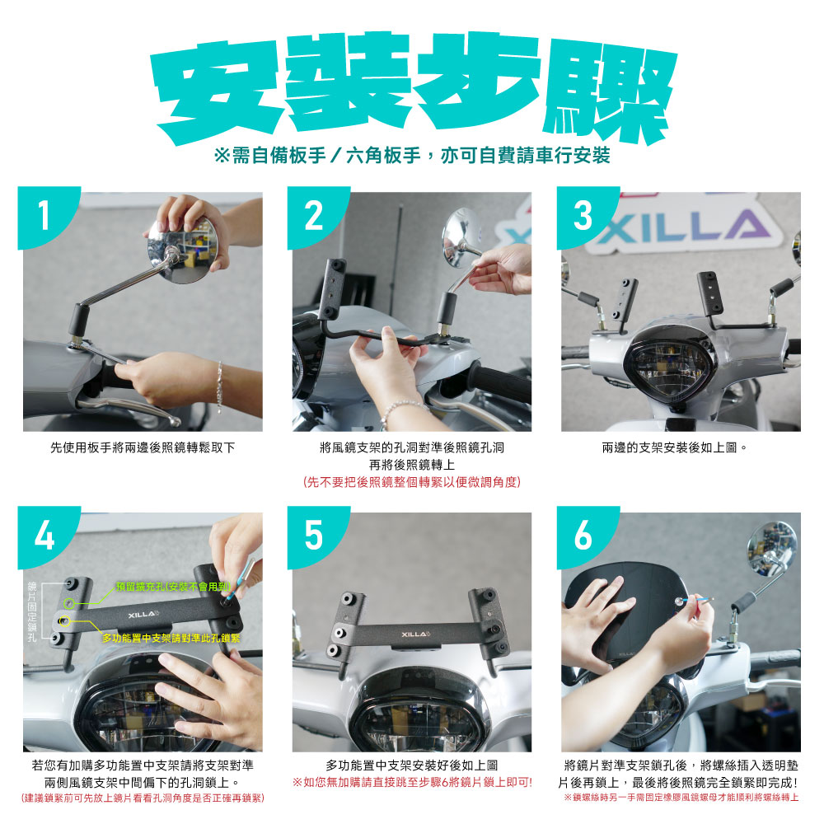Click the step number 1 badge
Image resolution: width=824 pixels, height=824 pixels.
point(43,214)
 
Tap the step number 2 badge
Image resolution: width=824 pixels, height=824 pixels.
point(312,214)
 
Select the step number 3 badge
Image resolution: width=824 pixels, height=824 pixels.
point(583,214)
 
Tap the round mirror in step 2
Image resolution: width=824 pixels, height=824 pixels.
point(461,237)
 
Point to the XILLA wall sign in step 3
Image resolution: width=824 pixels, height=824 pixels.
point(683,226)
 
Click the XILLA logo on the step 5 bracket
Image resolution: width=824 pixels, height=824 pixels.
point(415,634)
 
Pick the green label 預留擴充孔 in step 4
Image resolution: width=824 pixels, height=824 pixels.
point(173,587)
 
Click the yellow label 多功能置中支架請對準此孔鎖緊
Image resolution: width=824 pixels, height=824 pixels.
point(171,638)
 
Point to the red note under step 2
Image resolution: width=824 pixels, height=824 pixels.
point(412,482)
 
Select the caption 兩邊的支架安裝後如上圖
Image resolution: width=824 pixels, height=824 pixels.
point(674,447)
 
